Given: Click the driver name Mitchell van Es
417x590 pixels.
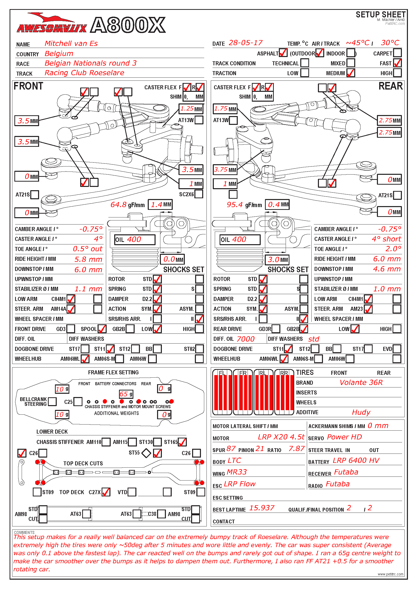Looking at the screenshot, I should coord(71,43).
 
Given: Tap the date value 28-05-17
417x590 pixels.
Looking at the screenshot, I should coord(246,43).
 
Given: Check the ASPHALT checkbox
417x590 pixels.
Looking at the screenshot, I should coord(283,53).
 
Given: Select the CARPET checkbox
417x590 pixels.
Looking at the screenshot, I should coord(397,53).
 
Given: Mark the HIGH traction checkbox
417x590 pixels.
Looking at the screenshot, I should coord(397,73).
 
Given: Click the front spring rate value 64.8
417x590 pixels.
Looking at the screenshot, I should coord(119,205).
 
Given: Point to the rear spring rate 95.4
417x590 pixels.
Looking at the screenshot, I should coord(235,205).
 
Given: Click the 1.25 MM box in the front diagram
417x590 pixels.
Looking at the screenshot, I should coord(191,109).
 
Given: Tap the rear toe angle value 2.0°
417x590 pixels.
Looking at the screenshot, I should coord(393,249).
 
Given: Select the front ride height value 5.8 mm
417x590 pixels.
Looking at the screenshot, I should coord(88,259).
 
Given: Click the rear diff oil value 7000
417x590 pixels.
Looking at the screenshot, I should coord(246,339).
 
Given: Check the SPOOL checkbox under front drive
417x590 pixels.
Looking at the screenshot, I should coord(102,329).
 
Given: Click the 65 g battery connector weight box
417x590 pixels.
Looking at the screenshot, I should coord(126,394).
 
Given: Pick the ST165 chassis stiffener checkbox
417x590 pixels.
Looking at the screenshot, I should coord(182,442).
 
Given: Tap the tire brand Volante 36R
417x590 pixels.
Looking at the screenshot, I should coord(361,383).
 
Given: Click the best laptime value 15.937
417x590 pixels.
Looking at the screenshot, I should coord(262,508).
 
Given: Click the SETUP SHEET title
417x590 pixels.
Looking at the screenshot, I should coord(380,15).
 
